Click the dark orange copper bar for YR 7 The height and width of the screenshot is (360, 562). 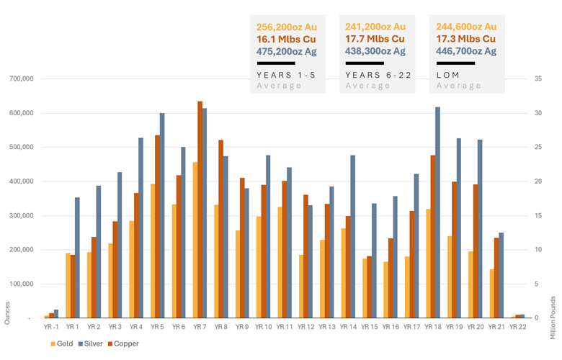pyautogui.click(x=200, y=210)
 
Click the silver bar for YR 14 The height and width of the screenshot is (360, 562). pyautogui.click(x=352, y=237)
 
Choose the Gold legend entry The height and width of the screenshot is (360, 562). pyautogui.click(x=66, y=343)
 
